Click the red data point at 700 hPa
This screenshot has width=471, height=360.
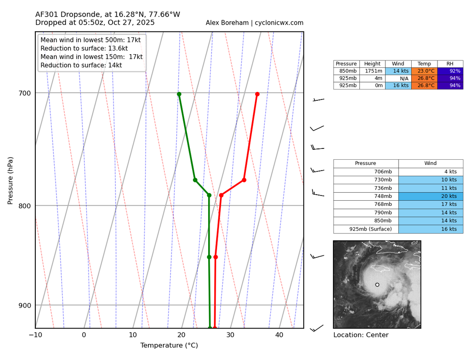(x=257, y=94)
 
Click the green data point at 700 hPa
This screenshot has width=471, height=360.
(x=179, y=94)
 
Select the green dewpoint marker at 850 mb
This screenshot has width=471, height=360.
(x=209, y=257)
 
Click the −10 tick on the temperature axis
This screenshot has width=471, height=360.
(x=35, y=335)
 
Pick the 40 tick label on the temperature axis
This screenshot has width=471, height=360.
(x=279, y=335)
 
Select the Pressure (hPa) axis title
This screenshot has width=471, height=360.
(x=10, y=180)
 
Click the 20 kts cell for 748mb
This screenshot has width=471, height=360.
(x=430, y=196)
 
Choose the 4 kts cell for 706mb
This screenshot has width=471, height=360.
(x=430, y=172)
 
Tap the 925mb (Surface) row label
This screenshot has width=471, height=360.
(x=366, y=229)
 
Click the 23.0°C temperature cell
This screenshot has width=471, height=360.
(x=424, y=71)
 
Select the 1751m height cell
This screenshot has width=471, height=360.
(x=372, y=71)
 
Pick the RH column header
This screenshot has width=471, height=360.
(x=450, y=64)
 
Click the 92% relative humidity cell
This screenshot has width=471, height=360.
(x=450, y=71)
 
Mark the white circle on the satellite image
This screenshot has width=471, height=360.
(x=377, y=285)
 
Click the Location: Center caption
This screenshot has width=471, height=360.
(x=361, y=335)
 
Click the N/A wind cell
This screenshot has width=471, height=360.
(x=398, y=78)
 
